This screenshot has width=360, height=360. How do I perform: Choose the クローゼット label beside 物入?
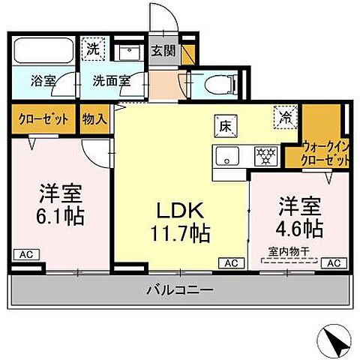tap(41, 118)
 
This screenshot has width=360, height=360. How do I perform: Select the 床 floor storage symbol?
tap(224, 125)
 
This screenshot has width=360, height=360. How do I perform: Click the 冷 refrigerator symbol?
tap(285, 117)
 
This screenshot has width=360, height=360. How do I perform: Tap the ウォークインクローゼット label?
tap(325, 152)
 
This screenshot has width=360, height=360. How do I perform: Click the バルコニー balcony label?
tap(180, 289)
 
